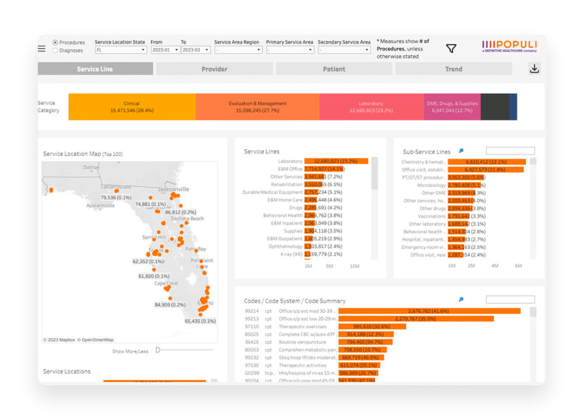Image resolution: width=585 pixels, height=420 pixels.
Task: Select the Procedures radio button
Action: coord(55,42)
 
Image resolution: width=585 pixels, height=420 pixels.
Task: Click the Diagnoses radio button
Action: coord(55,50)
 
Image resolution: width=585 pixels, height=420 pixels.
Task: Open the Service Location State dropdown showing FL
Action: coord(121,50)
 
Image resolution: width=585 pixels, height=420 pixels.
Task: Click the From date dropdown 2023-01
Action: coord(165,50)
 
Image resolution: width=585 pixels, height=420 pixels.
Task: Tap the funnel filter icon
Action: coord(451,49)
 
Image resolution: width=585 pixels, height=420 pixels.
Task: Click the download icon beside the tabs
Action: coord(534,69)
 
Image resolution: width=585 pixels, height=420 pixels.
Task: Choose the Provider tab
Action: coord(214,69)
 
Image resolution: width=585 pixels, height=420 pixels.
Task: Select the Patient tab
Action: coord(334,69)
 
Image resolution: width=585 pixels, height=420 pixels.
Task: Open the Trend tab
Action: coord(453,69)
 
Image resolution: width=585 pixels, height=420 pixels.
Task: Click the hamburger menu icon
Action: coord(42,48)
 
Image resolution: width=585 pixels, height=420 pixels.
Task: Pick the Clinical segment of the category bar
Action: coord(132,107)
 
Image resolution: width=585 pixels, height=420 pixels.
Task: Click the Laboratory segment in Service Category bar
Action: coord(371,107)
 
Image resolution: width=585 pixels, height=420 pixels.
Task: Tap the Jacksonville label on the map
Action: coord(174,189)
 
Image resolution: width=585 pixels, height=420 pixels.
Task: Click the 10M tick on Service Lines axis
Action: coord(354,266)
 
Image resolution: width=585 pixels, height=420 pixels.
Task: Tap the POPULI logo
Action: coord(509,45)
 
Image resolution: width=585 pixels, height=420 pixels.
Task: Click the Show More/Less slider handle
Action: coord(158,350)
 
